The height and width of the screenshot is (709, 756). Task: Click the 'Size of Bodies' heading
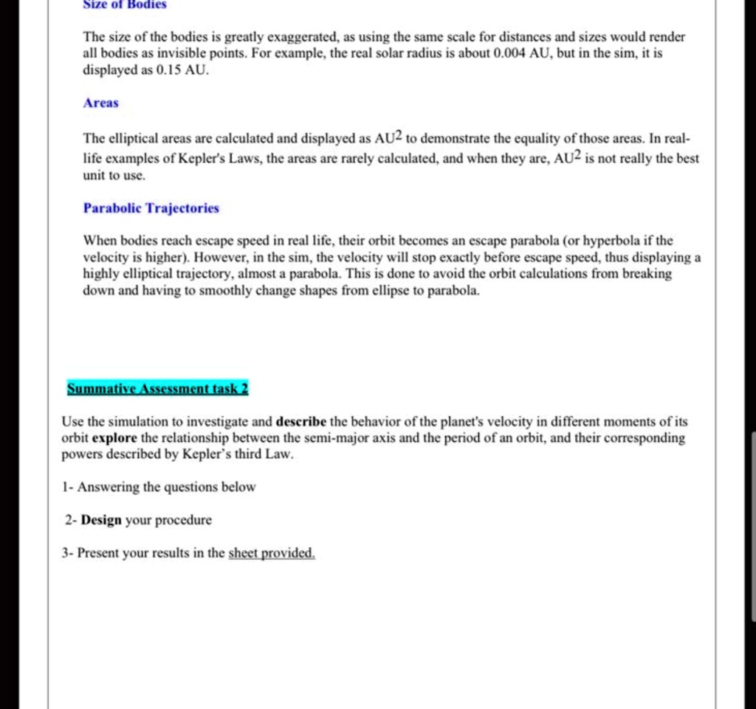tap(125, 4)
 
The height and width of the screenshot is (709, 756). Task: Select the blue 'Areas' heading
tap(100, 103)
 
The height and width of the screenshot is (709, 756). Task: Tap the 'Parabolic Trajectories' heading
tap(151, 208)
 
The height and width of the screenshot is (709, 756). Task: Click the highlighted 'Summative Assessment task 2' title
tap(158, 389)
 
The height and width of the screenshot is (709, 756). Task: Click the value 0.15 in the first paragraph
tap(162, 71)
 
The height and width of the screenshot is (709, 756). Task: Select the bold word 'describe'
tap(301, 422)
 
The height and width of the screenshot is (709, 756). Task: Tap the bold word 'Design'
tap(101, 520)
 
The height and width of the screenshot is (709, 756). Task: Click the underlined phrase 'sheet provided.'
tap(272, 553)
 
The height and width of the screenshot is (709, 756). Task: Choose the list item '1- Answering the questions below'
tap(159, 487)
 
